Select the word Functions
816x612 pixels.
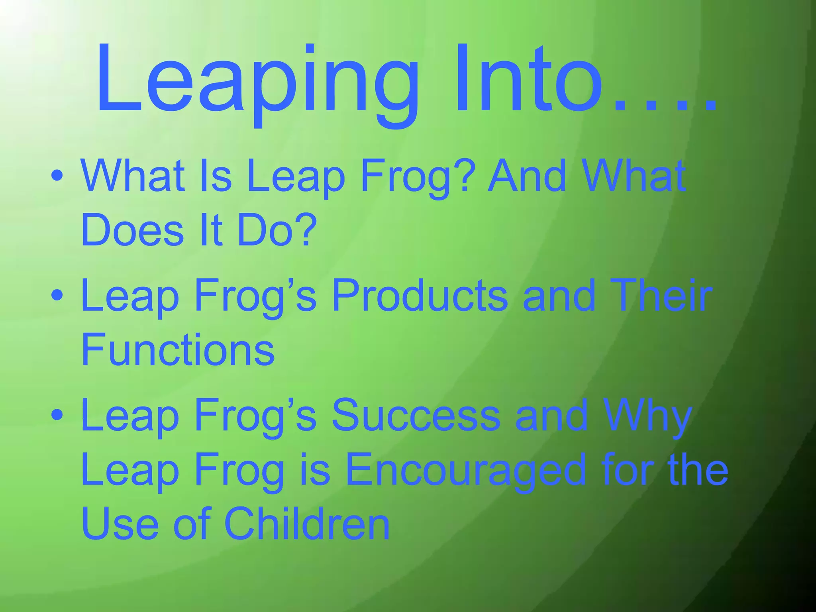(x=178, y=350)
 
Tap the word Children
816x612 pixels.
(x=307, y=524)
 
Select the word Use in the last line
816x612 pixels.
(x=120, y=524)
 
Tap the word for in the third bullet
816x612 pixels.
(x=630, y=470)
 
